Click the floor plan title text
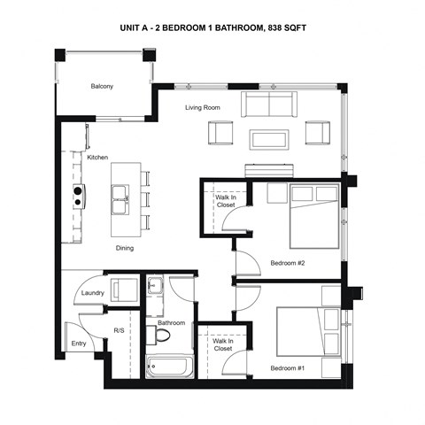point(213,27)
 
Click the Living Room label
point(203,108)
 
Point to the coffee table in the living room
point(268,139)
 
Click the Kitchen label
point(97,158)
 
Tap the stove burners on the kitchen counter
point(78,196)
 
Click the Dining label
point(124,248)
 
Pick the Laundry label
point(93,293)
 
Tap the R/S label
point(119,330)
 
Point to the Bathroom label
point(171,323)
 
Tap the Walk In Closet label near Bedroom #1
point(222,344)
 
